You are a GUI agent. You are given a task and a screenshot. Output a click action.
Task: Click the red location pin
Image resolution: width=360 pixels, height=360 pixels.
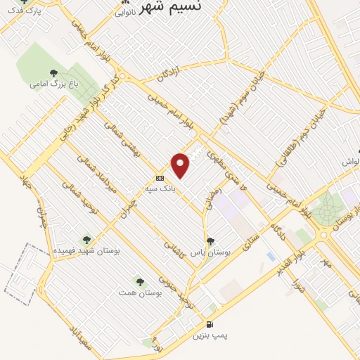[x=181, y=165]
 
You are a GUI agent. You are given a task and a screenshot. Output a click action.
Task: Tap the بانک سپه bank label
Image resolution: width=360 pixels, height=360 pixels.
[x=176, y=188]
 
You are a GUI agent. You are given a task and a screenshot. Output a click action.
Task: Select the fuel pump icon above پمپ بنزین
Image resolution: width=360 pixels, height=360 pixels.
[x=210, y=324]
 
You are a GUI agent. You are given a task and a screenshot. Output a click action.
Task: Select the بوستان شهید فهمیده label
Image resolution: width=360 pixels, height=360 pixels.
[x=86, y=251]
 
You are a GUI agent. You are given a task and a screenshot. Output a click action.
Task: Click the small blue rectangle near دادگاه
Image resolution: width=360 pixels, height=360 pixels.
[x=271, y=257]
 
